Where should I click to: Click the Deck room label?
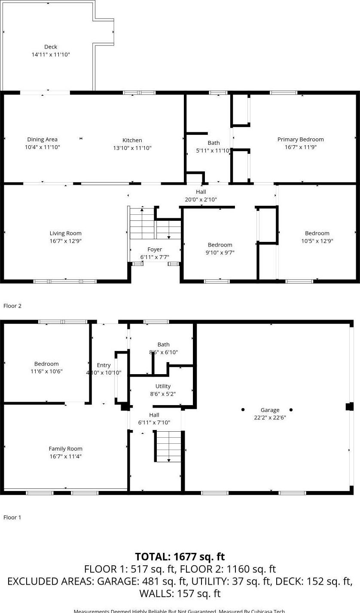pyautogui.click(x=51, y=47)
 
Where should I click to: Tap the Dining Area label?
pyautogui.click(x=42, y=139)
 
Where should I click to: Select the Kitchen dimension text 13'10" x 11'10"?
pyautogui.click(x=132, y=148)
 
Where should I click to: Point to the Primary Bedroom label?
pyautogui.click(x=300, y=139)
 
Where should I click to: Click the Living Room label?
pyautogui.click(x=65, y=233)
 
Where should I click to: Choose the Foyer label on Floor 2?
pyautogui.click(x=155, y=249)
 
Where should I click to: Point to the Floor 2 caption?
pyautogui.click(x=12, y=306)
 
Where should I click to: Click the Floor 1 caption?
pyautogui.click(x=12, y=517)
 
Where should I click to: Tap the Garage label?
pyautogui.click(x=270, y=410)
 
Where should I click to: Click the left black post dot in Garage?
pyautogui.click(x=243, y=409)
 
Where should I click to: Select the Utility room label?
pyautogui.click(x=163, y=386)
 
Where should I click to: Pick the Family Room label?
pyautogui.click(x=65, y=448)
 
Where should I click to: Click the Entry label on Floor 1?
pyautogui.click(x=104, y=365)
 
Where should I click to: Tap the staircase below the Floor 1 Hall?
pyautogui.click(x=168, y=446)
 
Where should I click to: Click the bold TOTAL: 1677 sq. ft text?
pyautogui.click(x=180, y=557)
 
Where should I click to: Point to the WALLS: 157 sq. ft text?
pyautogui.click(x=180, y=594)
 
